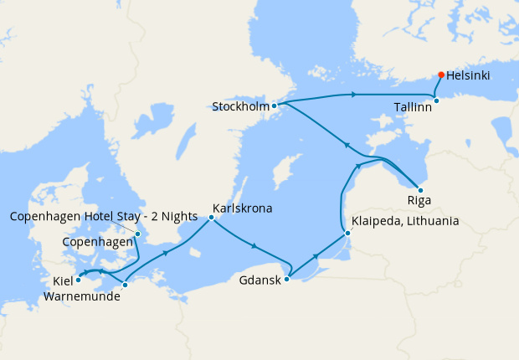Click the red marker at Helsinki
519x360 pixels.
(441, 75)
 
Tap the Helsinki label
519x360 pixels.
(469, 75)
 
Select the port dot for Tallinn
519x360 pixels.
(436, 101)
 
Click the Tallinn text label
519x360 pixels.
(413, 107)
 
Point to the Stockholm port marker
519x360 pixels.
(274, 106)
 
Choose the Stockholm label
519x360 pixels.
(240, 107)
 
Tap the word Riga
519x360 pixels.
(419, 202)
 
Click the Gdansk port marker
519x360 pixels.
(286, 280)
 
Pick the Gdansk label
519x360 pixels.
(259, 280)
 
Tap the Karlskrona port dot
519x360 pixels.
(211, 218)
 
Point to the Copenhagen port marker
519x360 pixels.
(138, 234)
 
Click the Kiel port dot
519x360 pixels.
(79, 280)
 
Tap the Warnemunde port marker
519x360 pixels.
(125, 285)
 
